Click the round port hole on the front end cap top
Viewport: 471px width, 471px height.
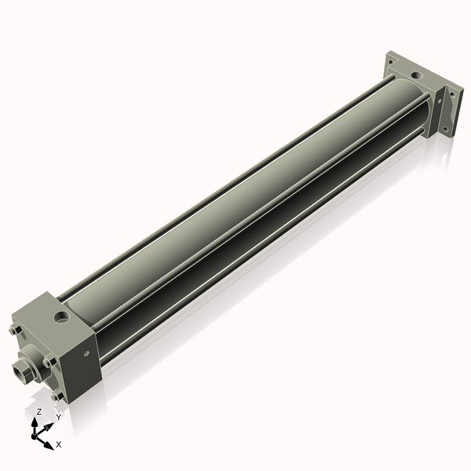(x=61, y=318)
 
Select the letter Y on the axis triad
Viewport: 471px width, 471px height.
(x=57, y=418)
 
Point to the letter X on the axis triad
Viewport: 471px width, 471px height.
(x=59, y=444)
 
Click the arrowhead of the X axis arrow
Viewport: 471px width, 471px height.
(x=50, y=440)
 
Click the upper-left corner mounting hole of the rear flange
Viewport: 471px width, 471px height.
(x=390, y=58)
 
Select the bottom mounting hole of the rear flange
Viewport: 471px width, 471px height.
(x=444, y=130)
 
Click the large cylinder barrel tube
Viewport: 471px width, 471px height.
(x=235, y=196)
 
